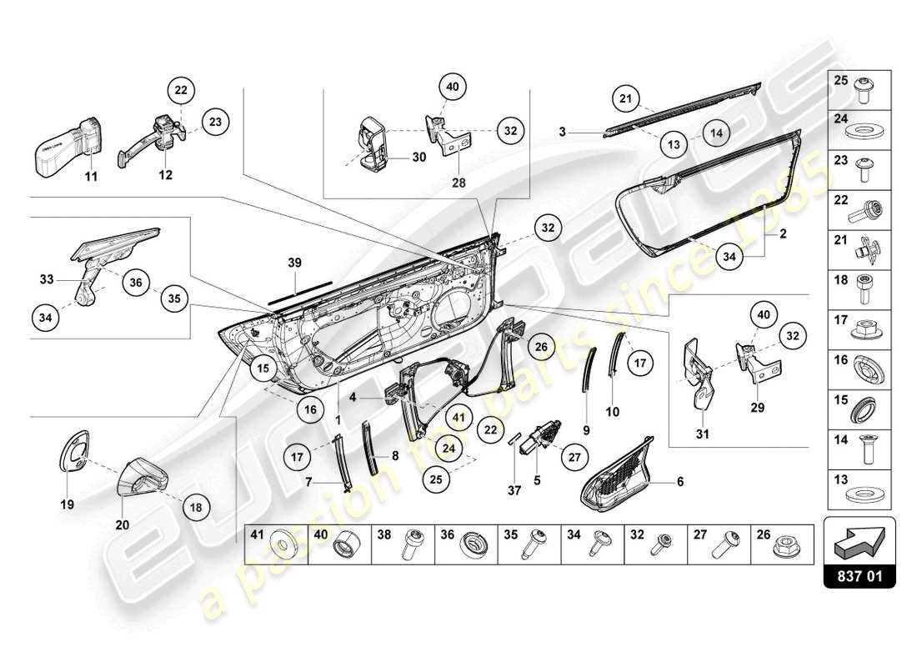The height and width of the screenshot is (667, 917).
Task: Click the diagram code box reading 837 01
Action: click(859, 574)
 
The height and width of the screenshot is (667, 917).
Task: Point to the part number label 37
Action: click(514, 491)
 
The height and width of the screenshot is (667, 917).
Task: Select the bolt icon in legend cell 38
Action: click(414, 547)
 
